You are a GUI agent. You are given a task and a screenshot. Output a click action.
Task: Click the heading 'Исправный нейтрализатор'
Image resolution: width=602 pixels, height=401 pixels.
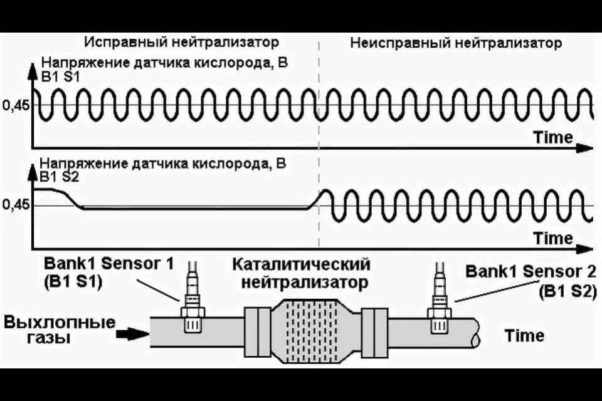[x=181, y=42]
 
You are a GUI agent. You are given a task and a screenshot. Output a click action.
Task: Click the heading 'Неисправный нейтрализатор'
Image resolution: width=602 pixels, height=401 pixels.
[x=456, y=43]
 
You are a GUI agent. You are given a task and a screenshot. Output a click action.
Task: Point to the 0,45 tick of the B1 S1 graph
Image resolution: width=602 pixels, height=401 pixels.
[x=16, y=105]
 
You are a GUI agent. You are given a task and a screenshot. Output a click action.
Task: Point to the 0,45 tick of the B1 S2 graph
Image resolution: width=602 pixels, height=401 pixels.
[x=16, y=204]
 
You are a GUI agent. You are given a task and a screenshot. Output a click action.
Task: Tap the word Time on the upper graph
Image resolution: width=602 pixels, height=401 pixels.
[x=553, y=137]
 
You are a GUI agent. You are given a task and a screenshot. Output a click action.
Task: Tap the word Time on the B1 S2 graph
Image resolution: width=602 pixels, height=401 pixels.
[x=553, y=238]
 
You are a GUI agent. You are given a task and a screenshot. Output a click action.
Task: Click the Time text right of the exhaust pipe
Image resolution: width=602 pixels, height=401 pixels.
[x=524, y=335]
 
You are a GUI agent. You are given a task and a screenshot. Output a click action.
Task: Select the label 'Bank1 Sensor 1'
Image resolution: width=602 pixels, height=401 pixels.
[x=108, y=264]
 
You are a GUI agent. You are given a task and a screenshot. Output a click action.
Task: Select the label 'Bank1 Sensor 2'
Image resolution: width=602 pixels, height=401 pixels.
[x=531, y=271]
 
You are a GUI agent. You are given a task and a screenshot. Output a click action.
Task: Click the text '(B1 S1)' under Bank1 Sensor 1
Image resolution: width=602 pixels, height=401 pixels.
[x=73, y=283]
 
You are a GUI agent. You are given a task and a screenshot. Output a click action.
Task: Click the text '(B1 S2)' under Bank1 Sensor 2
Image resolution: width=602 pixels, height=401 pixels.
[x=568, y=291]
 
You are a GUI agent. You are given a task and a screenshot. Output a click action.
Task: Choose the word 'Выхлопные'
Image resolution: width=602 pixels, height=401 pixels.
[x=60, y=322]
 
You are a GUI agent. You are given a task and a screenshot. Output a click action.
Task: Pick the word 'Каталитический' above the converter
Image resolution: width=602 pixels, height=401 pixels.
[x=302, y=264]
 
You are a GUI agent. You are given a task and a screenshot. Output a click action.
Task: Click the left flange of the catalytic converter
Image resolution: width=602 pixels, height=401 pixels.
[x=257, y=331]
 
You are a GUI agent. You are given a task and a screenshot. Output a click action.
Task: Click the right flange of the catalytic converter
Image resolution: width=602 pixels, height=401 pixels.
[x=375, y=332]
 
